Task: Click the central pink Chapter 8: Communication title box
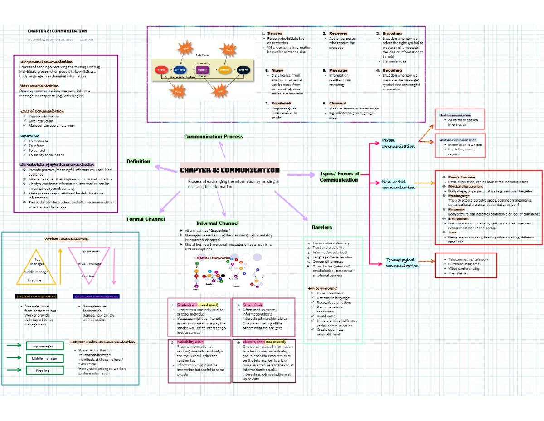pos(230,170)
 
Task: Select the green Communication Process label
pos(213,136)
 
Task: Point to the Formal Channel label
pos(145,219)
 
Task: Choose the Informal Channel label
pos(217,223)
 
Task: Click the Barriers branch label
pos(321,227)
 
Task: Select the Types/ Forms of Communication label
pos(340,177)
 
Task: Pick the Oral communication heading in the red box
pos(455,115)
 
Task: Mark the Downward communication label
pos(96,296)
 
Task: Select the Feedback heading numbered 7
pos(278,104)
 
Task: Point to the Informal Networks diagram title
pos(212,258)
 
